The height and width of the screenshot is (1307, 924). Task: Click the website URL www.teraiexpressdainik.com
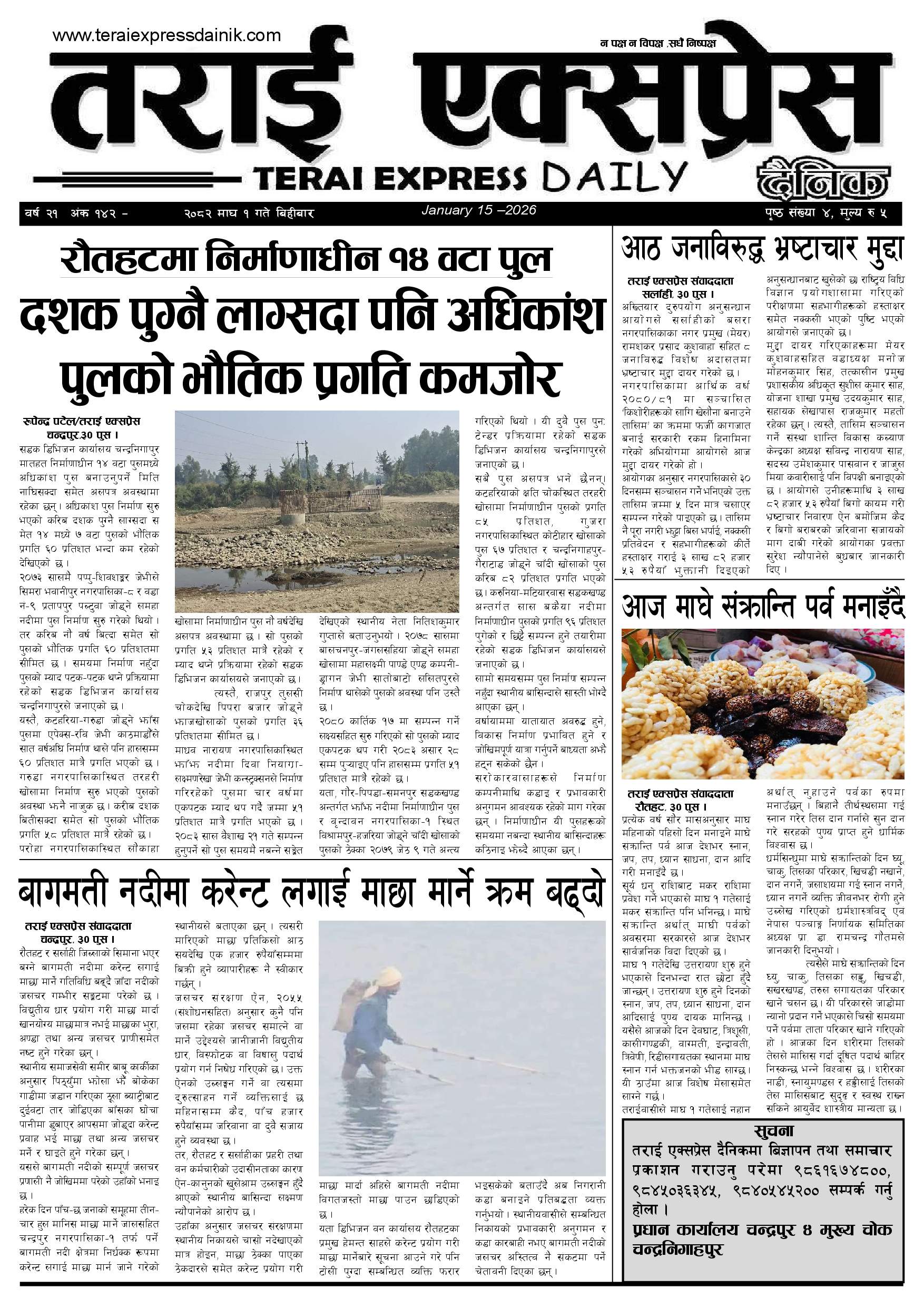pyautogui.click(x=166, y=35)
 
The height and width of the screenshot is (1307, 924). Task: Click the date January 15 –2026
pyautogui.click(x=478, y=210)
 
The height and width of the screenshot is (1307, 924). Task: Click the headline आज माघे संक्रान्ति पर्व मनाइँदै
pyautogui.click(x=762, y=606)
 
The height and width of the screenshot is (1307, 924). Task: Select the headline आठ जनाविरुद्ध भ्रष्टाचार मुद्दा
pyautogui.click(x=762, y=249)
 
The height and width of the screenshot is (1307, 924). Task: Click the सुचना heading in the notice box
pyautogui.click(x=773, y=1130)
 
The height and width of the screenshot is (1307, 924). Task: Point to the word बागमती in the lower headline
pyautogui.click(x=63, y=893)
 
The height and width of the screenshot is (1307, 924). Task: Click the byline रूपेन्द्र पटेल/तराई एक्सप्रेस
pyautogui.click(x=81, y=422)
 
